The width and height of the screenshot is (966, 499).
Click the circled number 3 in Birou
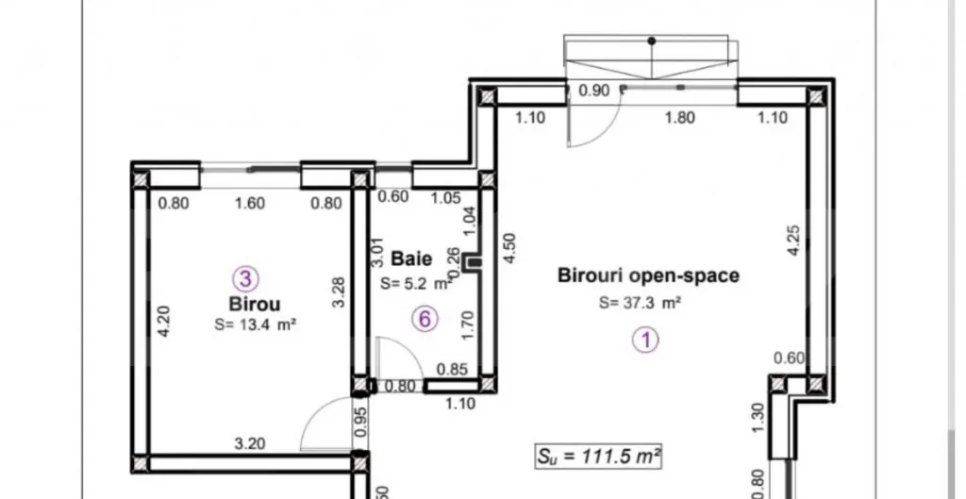coord(246,279)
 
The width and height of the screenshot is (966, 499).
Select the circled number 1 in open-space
coord(646,341)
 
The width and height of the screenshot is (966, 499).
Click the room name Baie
coord(411,258)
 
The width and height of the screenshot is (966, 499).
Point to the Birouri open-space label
coord(648,275)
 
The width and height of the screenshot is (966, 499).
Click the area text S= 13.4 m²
coord(256,324)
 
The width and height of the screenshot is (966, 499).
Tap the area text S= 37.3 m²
coord(641,303)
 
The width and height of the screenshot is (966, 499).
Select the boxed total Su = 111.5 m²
coord(598,457)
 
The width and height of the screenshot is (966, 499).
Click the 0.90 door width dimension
coord(594,91)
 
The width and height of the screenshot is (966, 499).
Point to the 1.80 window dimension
coord(680,117)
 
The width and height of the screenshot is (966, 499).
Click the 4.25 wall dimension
coord(793,241)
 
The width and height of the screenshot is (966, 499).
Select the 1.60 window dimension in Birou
coord(250,204)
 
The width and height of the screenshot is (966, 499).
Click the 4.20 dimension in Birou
coord(163,322)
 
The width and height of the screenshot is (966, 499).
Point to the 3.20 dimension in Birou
coord(250,443)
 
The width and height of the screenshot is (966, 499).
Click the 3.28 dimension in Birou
coord(339,292)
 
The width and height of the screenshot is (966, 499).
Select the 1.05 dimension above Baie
coord(445,197)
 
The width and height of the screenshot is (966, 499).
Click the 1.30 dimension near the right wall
coord(758,418)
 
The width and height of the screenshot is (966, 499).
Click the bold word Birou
coord(255,304)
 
